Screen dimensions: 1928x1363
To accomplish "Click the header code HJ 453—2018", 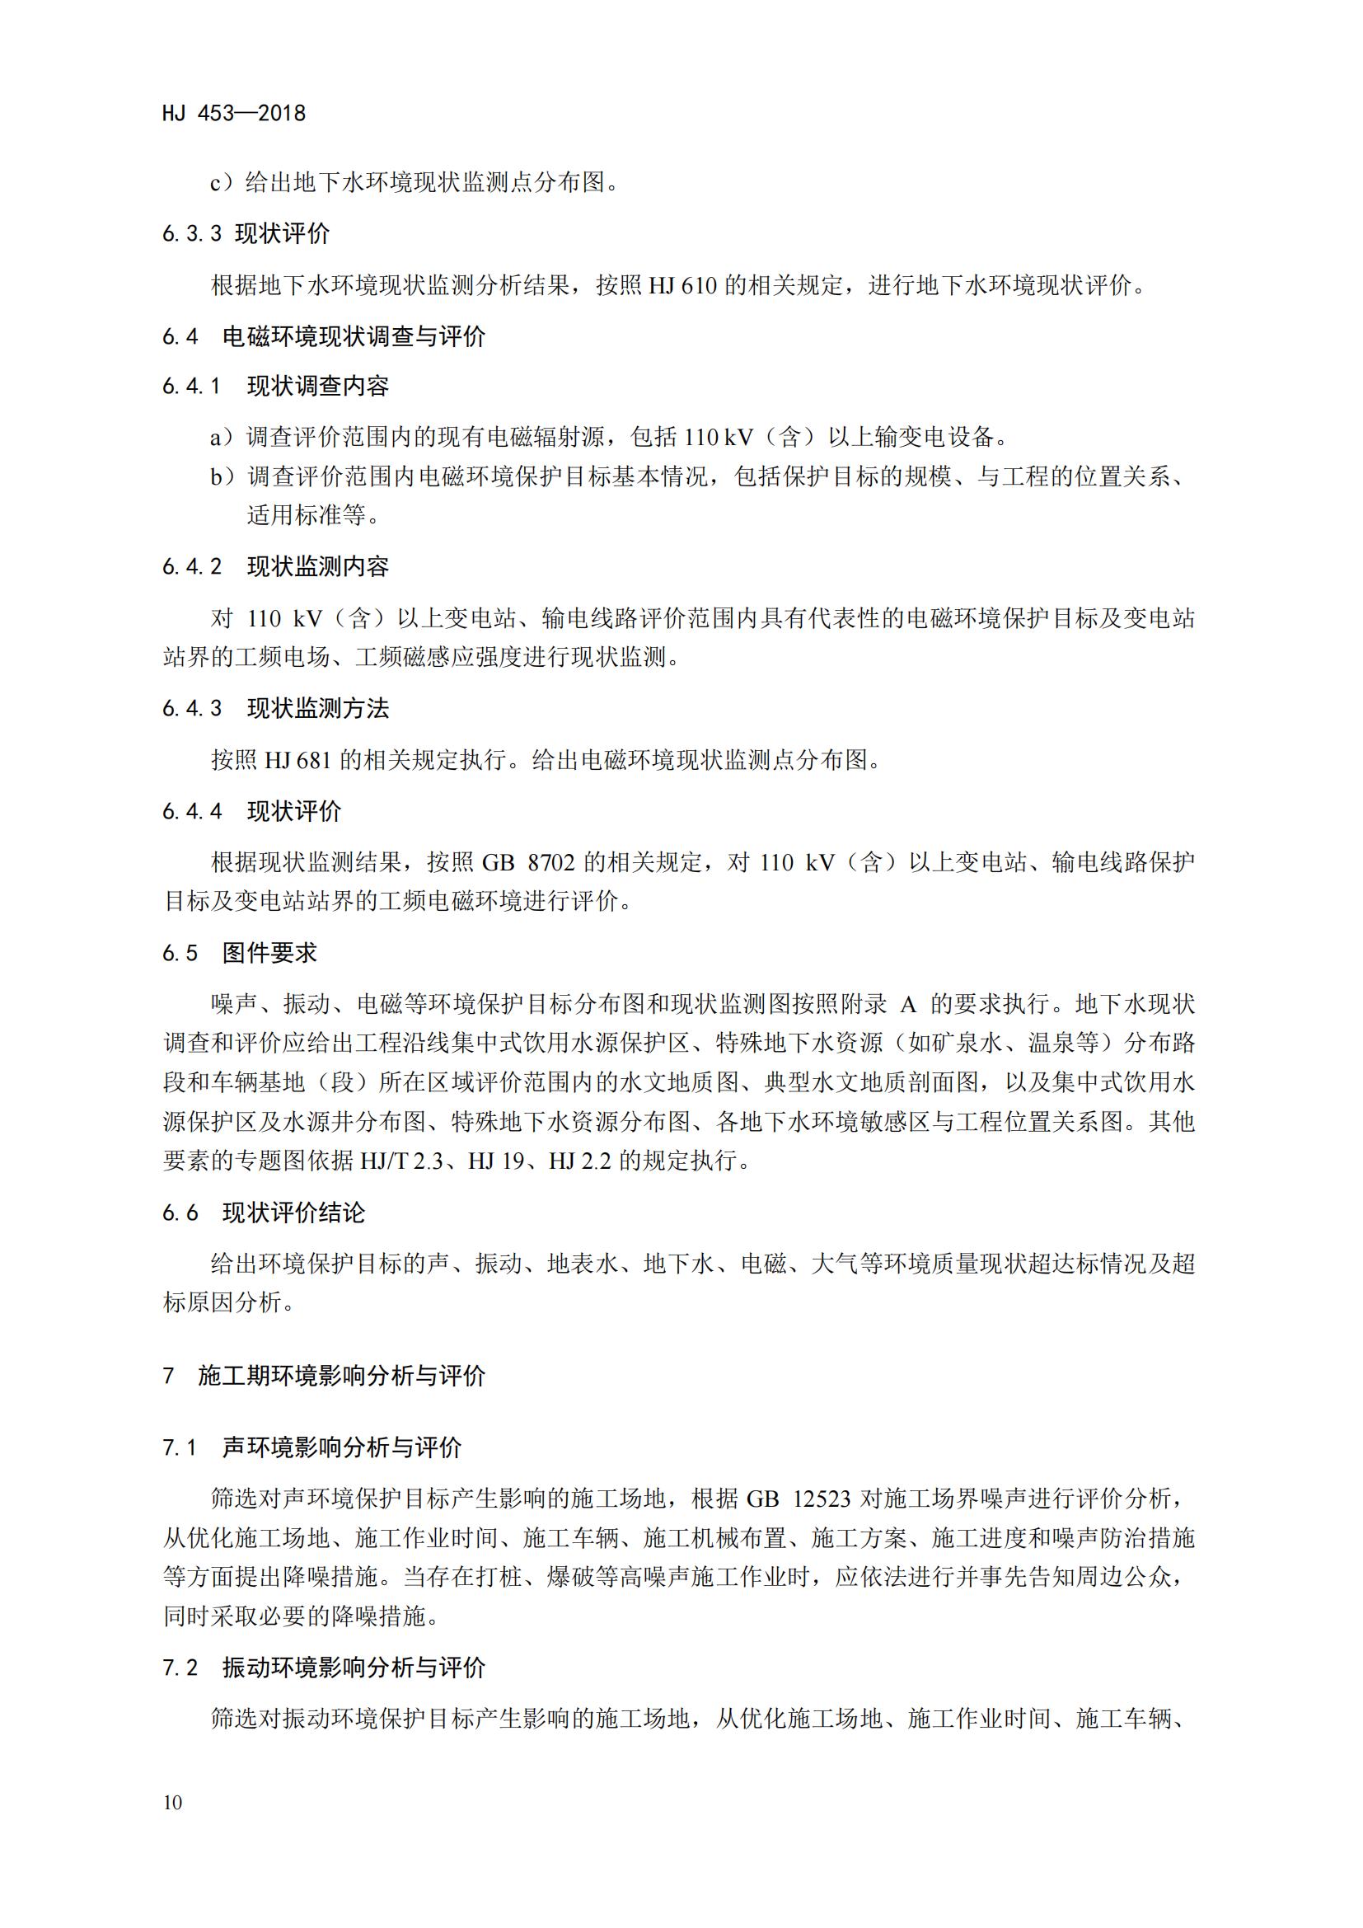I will pos(234,114).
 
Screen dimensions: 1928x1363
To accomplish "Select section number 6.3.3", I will pos(192,233).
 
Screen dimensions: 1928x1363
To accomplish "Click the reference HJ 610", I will pos(682,285).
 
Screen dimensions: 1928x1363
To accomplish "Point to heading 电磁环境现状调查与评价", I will pos(354,337).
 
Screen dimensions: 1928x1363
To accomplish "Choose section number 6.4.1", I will pos(192,387).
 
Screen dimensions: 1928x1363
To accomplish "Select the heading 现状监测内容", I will pos(318,567).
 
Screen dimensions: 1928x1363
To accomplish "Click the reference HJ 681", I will pos(298,760).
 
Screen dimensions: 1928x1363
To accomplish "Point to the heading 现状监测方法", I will pos(318,709).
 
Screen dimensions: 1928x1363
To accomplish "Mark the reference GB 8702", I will pos(528,862).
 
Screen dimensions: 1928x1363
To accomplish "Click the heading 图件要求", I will pos(269,952).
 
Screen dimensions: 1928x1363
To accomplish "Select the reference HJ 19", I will pos(496,1161).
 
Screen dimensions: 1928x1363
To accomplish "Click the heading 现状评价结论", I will pos(293,1213).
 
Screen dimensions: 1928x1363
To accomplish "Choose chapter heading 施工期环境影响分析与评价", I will pos(342,1376).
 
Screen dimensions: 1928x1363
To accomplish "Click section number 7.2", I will pos(180,1668).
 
